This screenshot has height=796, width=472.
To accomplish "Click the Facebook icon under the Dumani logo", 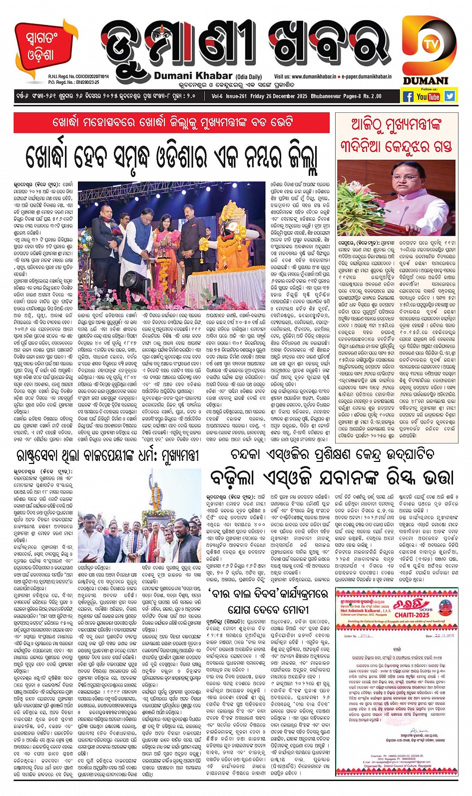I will click(408, 96).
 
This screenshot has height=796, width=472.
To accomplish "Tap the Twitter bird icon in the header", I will click(450, 96).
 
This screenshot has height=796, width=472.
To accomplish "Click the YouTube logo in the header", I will click(429, 96).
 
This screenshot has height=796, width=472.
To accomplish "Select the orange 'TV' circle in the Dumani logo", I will click(429, 44).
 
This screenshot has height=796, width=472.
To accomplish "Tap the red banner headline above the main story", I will click(171, 122).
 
